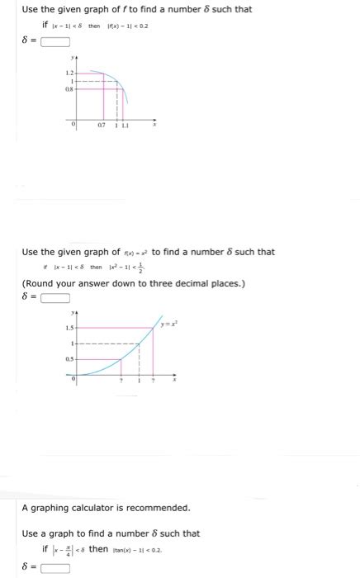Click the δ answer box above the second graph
[x=53, y=298]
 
